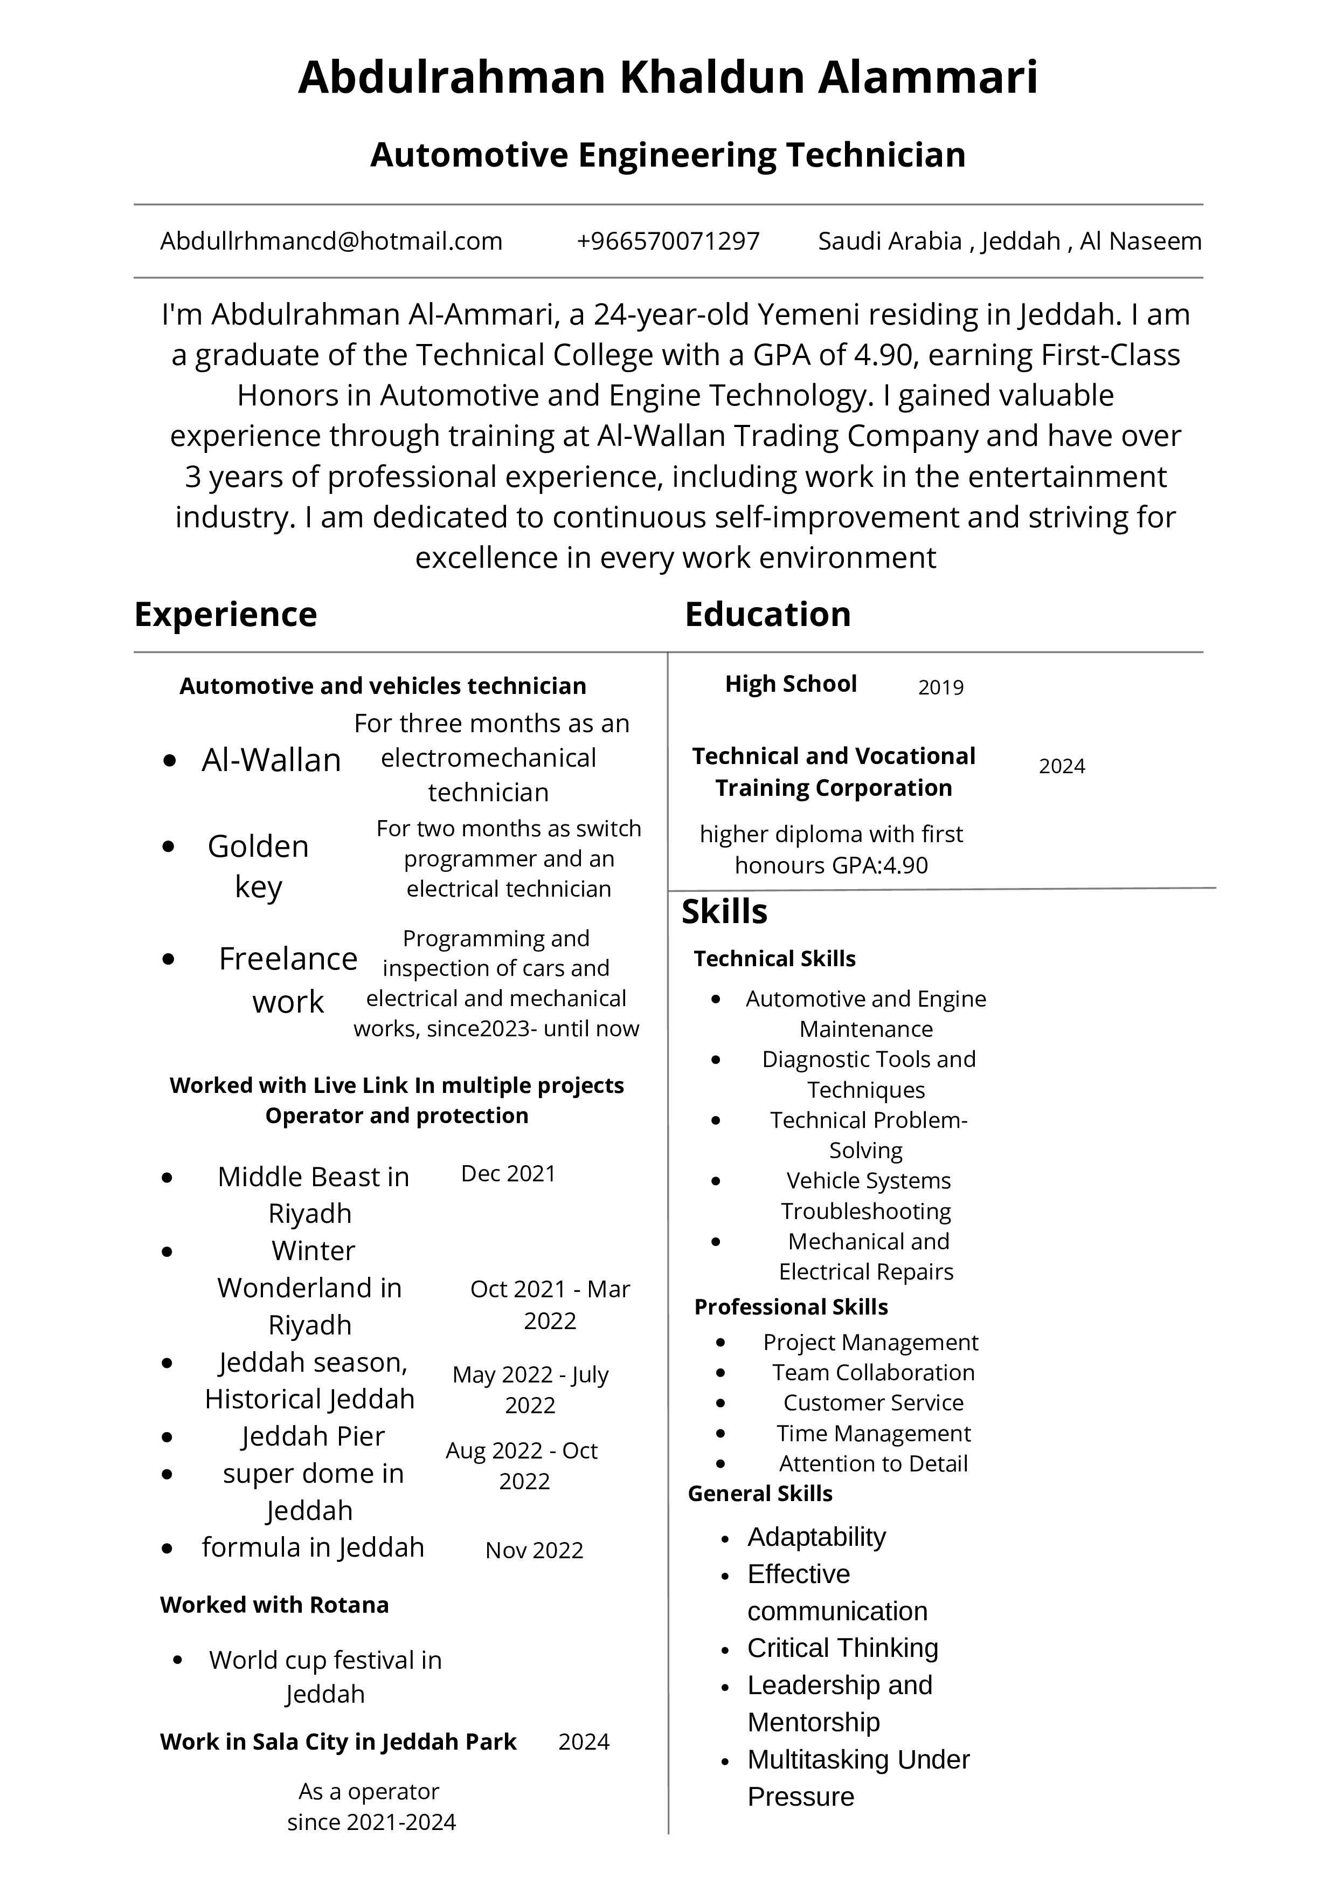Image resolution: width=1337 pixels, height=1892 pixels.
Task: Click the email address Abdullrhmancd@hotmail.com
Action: coord(331,242)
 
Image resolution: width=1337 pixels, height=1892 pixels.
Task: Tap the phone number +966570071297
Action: coord(668,242)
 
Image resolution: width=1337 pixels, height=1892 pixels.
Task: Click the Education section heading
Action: coord(768,615)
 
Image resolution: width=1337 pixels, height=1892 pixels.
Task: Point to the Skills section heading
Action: coord(724,912)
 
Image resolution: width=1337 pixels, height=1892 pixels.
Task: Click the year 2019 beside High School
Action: coord(941,687)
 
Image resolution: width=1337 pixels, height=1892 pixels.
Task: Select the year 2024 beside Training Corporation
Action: coord(1062,766)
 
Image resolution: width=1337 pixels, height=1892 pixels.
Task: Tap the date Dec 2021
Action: coord(508,1173)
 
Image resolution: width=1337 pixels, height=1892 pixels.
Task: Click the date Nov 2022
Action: coord(534,1550)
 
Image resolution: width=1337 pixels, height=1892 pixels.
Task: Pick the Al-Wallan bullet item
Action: coord(271,760)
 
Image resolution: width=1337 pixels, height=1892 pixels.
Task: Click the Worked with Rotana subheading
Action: coord(274,1605)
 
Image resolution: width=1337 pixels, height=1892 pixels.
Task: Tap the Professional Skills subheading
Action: coord(791,1307)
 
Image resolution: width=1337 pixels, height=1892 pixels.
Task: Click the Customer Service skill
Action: coord(873,1402)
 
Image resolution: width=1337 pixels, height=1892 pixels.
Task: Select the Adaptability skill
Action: coord(816,1537)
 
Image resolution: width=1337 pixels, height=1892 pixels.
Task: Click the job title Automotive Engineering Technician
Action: coord(668,155)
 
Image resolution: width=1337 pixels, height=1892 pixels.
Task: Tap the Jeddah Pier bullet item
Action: coord(313,1436)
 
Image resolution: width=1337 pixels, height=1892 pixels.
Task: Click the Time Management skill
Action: coord(873,1433)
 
